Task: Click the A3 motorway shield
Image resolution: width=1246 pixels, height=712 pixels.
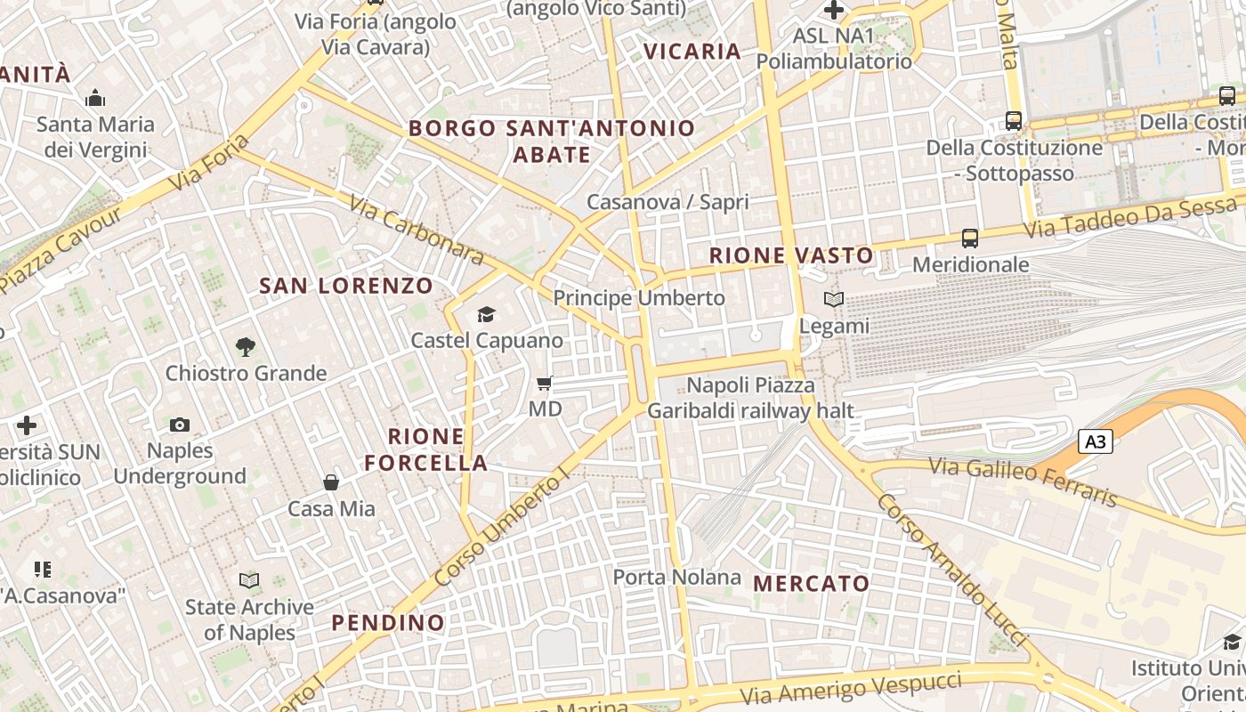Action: (1096, 441)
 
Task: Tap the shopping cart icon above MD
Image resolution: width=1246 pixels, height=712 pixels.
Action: (545, 384)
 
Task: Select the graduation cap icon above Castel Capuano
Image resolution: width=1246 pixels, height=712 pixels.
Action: (486, 314)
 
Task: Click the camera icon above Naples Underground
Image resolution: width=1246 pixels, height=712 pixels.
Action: (180, 425)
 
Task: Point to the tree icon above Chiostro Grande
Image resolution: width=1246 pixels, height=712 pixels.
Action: (246, 346)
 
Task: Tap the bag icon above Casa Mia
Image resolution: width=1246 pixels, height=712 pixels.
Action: (331, 482)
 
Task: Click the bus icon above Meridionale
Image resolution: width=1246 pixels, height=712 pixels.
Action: (970, 239)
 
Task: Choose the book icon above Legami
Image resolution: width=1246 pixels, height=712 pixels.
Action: (834, 300)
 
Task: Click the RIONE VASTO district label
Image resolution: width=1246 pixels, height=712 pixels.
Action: (791, 255)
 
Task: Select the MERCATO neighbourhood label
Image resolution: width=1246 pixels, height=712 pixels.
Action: (811, 584)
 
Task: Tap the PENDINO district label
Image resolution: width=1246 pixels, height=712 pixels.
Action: (388, 622)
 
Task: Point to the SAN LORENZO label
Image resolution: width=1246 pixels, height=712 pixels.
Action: (346, 286)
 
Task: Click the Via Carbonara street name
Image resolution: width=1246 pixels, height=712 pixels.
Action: (417, 231)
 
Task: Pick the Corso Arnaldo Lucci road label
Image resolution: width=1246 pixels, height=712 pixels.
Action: (951, 570)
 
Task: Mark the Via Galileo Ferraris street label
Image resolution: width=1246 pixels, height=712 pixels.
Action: (1023, 481)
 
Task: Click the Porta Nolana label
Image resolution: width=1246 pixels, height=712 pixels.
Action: (676, 577)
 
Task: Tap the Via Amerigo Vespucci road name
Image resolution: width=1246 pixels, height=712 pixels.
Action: (852, 688)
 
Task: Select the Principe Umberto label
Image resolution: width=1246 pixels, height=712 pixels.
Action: (639, 297)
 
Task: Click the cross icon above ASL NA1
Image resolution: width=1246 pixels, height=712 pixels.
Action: (834, 11)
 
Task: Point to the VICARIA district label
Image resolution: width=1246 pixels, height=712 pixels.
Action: (692, 52)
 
